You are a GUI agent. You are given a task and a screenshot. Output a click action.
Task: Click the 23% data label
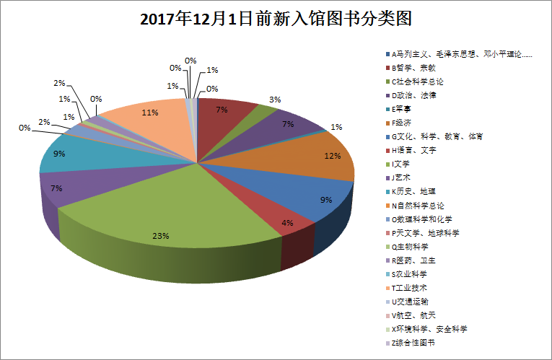[161, 235]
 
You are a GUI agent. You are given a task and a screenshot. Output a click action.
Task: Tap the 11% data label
[150, 113]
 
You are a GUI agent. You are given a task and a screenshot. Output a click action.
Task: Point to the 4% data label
[287, 223]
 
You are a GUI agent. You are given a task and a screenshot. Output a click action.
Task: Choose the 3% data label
[275, 100]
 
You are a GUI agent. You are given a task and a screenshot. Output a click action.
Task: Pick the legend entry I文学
[401, 164]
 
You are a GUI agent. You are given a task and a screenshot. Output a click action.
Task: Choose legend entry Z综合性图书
[416, 343]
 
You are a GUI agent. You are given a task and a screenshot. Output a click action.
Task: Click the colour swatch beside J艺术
[388, 177]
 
